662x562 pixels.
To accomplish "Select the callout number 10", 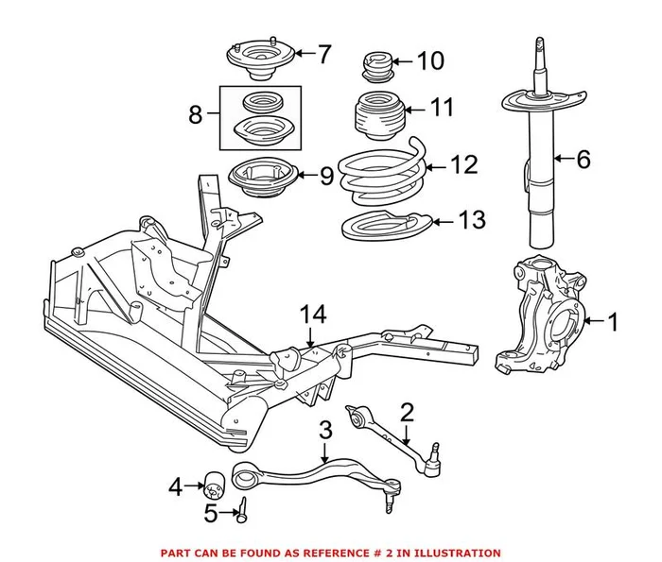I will click(x=429, y=62).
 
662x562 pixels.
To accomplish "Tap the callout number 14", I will click(x=312, y=314).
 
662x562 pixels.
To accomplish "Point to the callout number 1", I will click(x=612, y=324).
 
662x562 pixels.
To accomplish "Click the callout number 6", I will click(x=583, y=161).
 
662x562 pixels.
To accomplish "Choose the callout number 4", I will click(x=174, y=487).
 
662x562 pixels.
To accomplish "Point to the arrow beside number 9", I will click(x=305, y=175).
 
